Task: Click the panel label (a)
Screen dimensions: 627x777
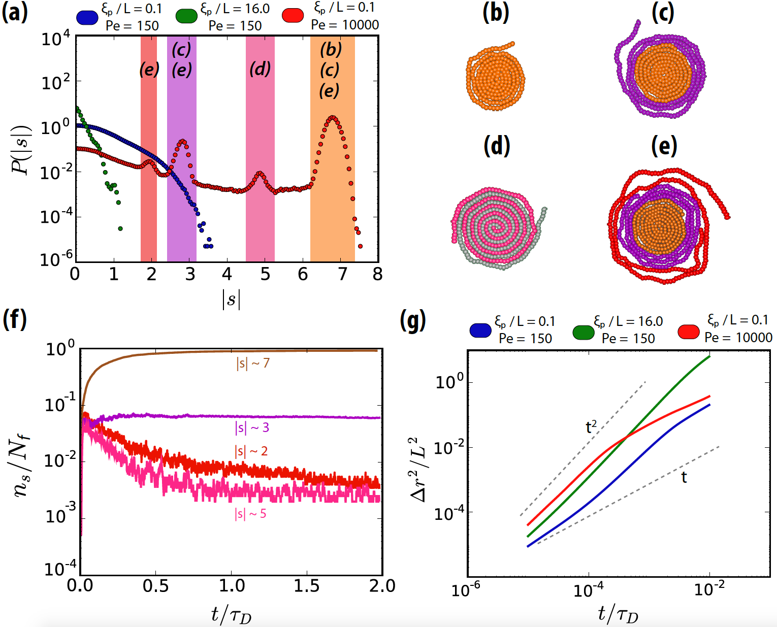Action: coord(14,12)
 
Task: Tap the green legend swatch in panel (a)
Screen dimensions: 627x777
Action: coord(186,16)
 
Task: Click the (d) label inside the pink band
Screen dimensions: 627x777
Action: coord(260,69)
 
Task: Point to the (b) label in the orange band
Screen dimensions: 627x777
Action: coord(331,49)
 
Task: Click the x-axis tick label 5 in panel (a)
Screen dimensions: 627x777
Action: coord(265,274)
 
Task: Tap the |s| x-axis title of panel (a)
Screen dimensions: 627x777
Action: coord(231,299)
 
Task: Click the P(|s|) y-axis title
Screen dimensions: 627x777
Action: coord(22,149)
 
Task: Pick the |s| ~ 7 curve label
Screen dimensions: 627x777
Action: coord(253,364)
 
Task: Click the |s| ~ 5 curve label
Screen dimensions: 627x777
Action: coord(250,514)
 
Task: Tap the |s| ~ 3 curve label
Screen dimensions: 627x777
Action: coord(252,428)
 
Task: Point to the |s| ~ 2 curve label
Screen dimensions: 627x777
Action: coord(251,451)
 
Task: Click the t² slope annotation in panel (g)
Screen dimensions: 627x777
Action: coord(591,426)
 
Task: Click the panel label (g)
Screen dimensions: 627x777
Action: coord(412,321)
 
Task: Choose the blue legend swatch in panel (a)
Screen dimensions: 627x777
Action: coord(87,17)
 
